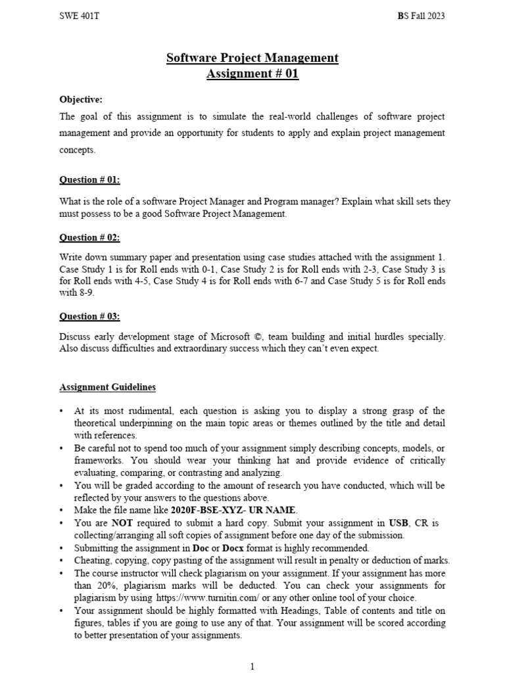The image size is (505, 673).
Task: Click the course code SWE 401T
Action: pos(77,16)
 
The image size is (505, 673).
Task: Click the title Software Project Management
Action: pos(252,58)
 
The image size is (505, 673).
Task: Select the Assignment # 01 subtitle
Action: pos(252,74)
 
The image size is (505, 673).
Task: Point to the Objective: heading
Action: pos(81,99)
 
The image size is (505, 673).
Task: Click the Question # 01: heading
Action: pos(90,179)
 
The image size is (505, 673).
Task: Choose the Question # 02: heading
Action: pos(90,237)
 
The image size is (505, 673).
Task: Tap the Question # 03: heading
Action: pos(90,316)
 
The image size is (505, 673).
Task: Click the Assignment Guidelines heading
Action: pos(108,387)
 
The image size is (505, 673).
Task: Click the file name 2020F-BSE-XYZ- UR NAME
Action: pos(234,510)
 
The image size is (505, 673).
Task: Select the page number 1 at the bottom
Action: pos(252,667)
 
